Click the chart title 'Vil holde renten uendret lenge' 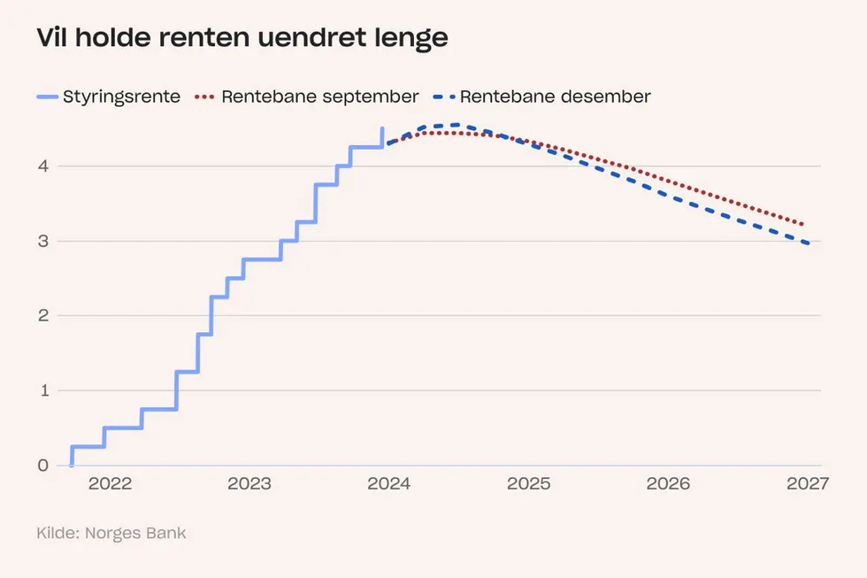tap(242, 39)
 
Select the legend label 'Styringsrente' tap(121, 96)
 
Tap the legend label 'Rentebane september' tap(320, 96)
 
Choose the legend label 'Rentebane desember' tap(555, 96)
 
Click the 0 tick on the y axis tap(42, 466)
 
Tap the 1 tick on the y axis tap(42, 390)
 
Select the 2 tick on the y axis tap(42, 316)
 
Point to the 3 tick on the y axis tap(42, 241)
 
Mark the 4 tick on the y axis tap(42, 166)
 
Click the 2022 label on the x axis tap(110, 484)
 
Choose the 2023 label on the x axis tap(249, 484)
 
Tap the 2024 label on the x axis tap(388, 484)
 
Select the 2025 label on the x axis tap(528, 484)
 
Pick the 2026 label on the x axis tap(668, 484)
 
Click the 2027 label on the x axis tap(807, 484)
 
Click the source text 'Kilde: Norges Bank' tap(111, 533)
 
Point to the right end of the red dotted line tap(802, 224)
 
